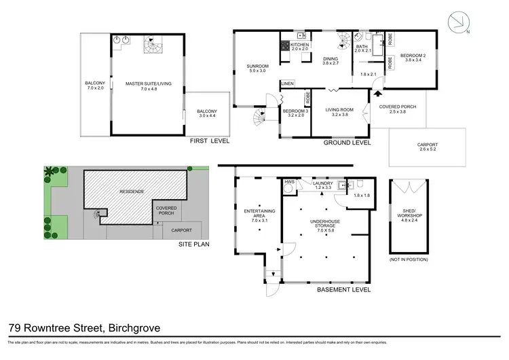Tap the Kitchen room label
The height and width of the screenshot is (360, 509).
(x=300, y=46)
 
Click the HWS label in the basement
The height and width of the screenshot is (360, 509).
(x=290, y=182)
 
